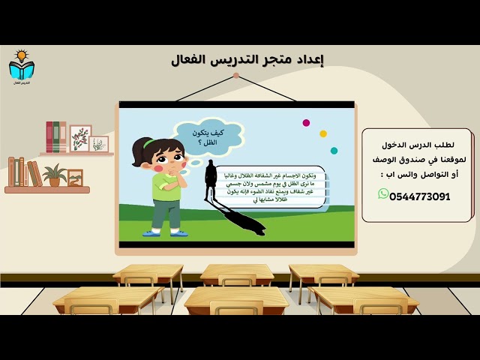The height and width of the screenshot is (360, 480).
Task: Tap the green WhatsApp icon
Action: [x=383, y=194]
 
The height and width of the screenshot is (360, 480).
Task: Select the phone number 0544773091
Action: [x=420, y=197]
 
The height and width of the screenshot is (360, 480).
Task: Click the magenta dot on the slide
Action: [x=306, y=122]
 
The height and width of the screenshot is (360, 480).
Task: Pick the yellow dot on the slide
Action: [x=323, y=133]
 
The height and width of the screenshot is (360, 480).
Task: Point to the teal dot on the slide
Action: [x=334, y=151]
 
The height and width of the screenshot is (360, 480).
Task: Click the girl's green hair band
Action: [x=150, y=142]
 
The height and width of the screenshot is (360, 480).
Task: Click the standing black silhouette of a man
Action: [x=211, y=181]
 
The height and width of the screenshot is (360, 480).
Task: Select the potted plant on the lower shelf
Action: [x=54, y=175]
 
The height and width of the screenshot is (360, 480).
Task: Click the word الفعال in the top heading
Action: [x=190, y=59]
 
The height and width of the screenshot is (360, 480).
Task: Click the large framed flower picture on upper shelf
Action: [x=80, y=138]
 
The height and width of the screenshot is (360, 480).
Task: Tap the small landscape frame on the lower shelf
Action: [x=75, y=177]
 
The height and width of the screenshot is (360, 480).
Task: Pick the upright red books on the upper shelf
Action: [x=52, y=136]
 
